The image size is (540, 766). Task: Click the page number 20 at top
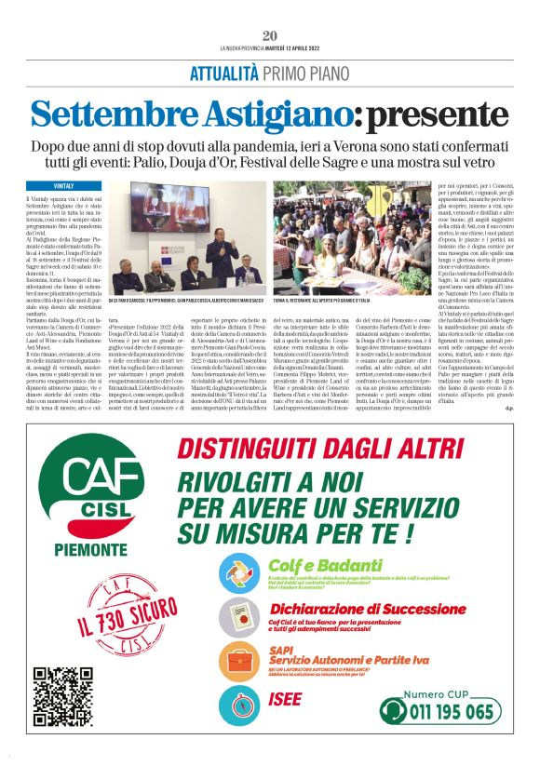click(x=270, y=35)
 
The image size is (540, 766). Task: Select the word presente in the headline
click(x=447, y=114)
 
